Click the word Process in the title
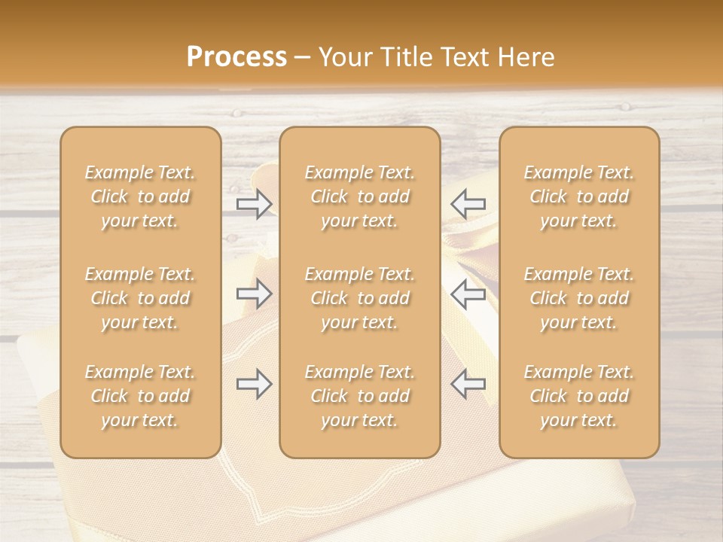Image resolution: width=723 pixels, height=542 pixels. click(236, 57)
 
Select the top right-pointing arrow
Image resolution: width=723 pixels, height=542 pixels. click(255, 204)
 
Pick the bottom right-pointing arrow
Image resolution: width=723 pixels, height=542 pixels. click(255, 384)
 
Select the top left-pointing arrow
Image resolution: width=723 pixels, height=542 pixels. click(468, 204)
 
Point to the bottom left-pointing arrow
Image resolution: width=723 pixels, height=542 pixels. click(468, 384)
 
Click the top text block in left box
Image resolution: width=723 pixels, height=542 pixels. click(140, 196)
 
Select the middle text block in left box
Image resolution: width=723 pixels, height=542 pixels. click(140, 298)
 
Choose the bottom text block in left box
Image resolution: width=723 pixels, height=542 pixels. click(140, 396)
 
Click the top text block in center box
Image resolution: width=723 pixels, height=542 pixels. click(360, 196)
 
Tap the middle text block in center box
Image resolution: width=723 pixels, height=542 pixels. click(360, 298)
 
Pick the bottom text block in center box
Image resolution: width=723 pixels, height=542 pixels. click(360, 396)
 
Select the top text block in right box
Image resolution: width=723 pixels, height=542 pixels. click(579, 196)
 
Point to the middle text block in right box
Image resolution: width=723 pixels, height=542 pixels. click(579, 298)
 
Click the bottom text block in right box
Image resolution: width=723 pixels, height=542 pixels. click(579, 396)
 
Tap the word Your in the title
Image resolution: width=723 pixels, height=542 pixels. click(343, 57)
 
